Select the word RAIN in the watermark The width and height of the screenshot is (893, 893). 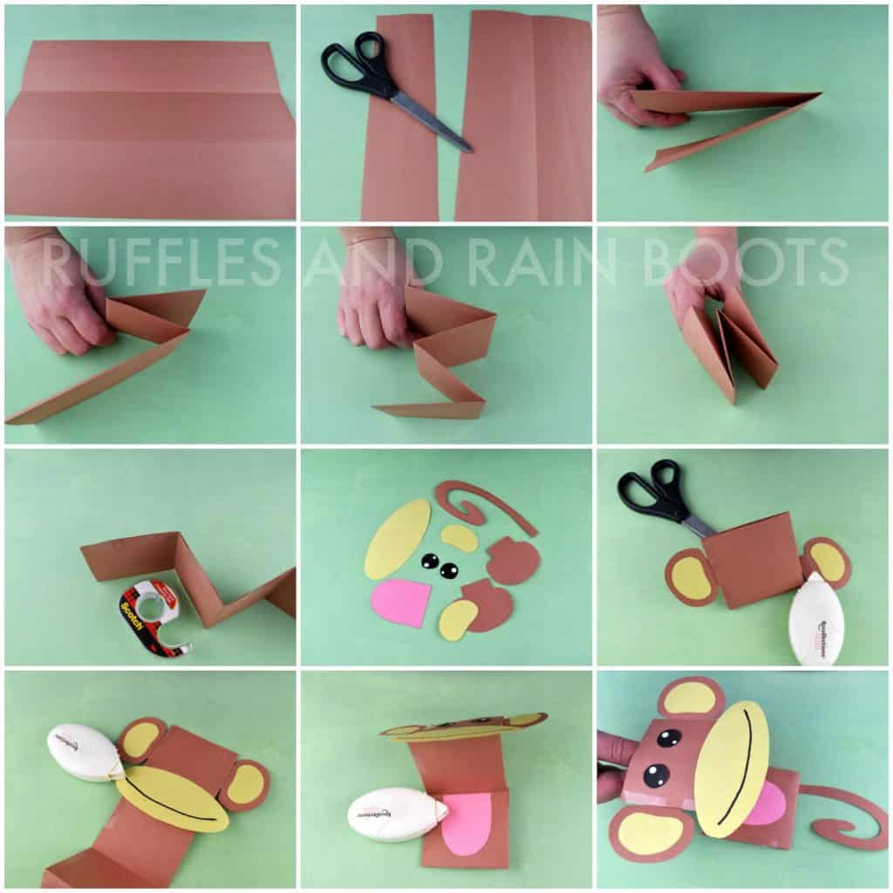(557, 262)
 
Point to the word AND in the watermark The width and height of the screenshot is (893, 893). (366, 262)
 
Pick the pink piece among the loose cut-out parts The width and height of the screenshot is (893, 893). (400, 602)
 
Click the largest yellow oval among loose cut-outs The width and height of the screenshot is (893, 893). (397, 538)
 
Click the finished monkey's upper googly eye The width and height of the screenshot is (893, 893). (669, 738)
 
